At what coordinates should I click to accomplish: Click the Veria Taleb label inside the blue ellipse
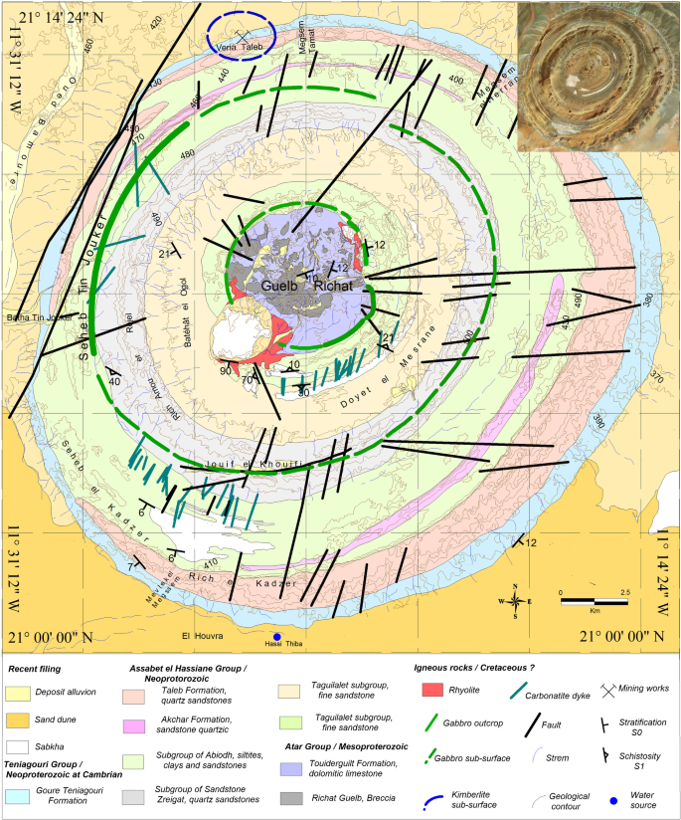[239, 46]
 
